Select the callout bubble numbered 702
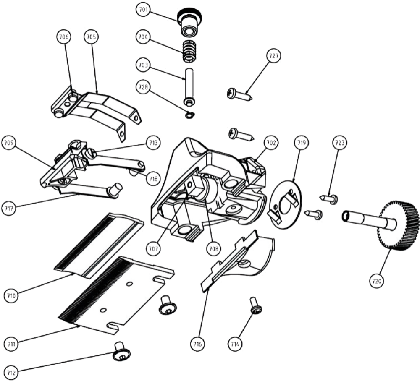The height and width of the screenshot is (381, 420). (272, 143)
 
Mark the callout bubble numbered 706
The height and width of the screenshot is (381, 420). (64, 37)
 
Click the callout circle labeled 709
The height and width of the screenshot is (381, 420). (9, 143)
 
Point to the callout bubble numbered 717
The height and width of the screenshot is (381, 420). (9, 206)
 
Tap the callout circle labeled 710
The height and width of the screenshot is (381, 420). (12, 295)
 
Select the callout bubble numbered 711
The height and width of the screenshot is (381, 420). (12, 344)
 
